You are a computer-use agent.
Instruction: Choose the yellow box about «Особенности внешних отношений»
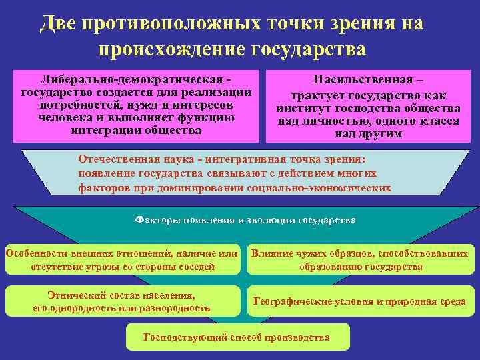[x=122, y=260]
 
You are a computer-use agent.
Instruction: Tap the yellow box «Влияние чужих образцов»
[x=360, y=260]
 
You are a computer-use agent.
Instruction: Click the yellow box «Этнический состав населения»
[x=122, y=301]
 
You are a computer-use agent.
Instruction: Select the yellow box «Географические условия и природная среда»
[x=360, y=301]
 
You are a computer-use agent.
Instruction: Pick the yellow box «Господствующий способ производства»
[x=237, y=337]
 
